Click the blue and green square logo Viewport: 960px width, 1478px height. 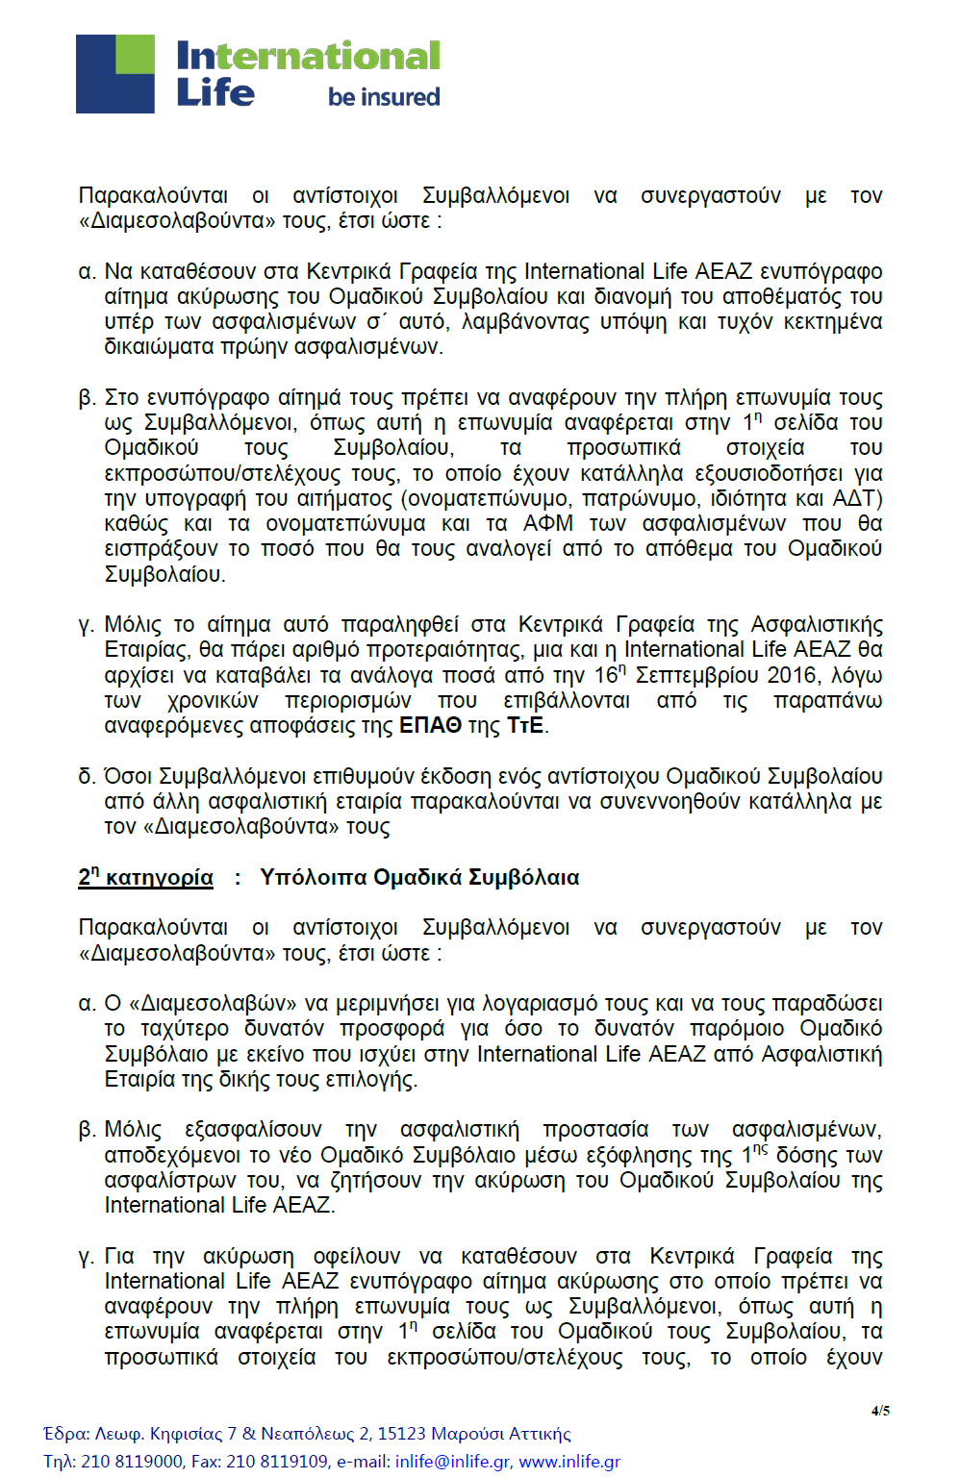(115, 74)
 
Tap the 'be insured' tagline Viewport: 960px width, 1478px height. (384, 97)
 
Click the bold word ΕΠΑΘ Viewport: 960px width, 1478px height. (430, 726)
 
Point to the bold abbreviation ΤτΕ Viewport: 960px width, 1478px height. (525, 726)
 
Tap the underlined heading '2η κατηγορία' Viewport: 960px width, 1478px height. (145, 877)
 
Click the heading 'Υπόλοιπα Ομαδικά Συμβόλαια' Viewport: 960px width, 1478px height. (419, 877)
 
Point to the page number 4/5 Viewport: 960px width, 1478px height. (880, 1411)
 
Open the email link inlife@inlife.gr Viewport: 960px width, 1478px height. (452, 1461)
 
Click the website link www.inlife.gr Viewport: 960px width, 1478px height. (569, 1461)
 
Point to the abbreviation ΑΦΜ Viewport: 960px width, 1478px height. (547, 524)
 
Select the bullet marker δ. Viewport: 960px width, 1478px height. (87, 777)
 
